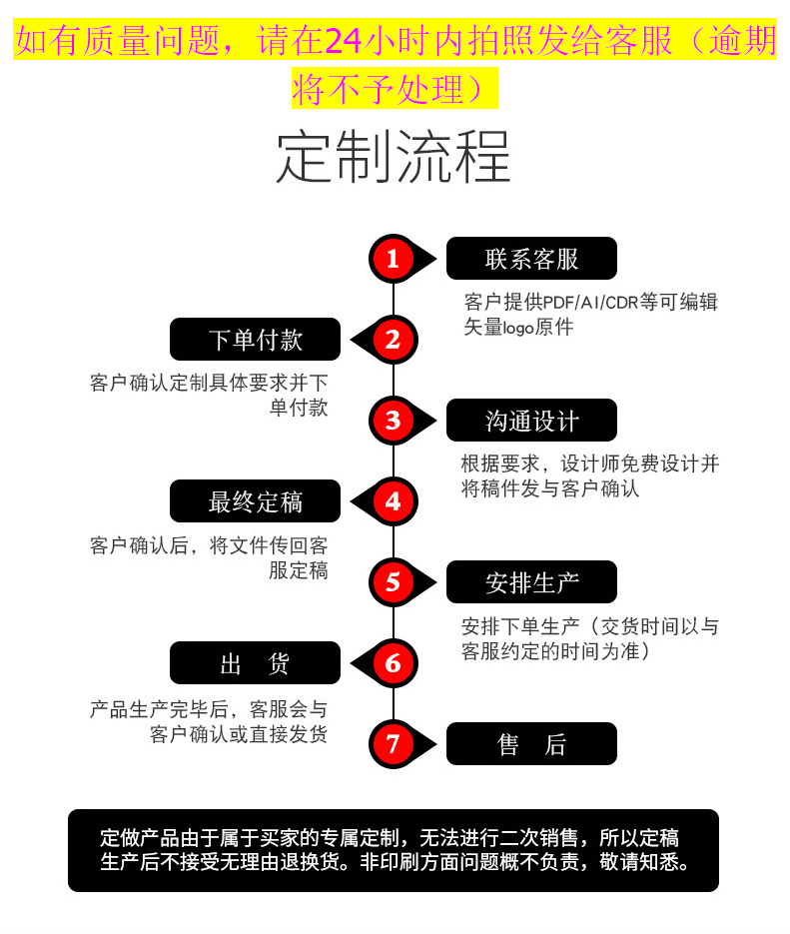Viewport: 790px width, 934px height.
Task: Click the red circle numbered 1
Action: (393, 259)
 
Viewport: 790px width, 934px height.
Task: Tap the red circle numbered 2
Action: (393, 340)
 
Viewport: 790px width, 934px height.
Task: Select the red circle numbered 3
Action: (393, 421)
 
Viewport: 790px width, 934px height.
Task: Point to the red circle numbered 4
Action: (393, 501)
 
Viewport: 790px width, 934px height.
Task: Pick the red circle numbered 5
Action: (393, 582)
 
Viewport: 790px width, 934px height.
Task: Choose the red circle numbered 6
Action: (393, 663)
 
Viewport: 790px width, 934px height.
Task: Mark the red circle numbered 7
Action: (393, 744)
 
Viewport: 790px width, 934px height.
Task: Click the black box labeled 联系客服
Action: (531, 259)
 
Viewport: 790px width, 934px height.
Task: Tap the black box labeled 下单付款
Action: (256, 340)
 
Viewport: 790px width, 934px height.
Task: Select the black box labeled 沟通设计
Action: (531, 421)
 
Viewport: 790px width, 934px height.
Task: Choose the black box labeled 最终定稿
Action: (256, 501)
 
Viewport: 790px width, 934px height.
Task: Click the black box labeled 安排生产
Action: (531, 582)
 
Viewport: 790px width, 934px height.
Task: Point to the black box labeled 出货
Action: (256, 663)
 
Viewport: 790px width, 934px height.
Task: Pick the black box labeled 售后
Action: (531, 744)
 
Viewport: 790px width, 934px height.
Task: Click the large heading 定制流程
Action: (394, 157)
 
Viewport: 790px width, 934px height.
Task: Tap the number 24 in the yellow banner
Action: (343, 41)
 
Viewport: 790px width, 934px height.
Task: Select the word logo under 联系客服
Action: (518, 328)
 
